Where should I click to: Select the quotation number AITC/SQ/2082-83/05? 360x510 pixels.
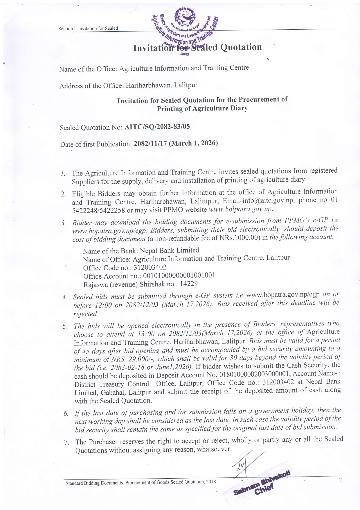coord(157,127)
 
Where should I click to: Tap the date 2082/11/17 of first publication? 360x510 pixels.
coord(150,144)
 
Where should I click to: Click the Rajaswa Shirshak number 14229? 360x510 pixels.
coord(189,284)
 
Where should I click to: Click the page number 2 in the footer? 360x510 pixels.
coord(340,479)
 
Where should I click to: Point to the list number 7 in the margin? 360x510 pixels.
coord(66,443)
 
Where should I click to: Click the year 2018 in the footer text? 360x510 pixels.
coord(211,482)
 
